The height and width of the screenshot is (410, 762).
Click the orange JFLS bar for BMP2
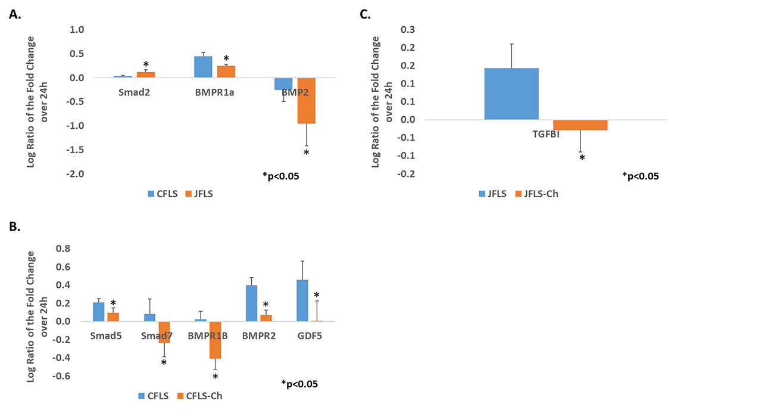307,101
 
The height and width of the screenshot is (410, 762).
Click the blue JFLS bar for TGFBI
511,94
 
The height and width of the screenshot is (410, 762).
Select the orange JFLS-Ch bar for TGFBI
580,125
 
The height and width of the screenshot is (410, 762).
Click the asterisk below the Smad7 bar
164,362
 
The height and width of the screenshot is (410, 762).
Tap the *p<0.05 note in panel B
299,384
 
